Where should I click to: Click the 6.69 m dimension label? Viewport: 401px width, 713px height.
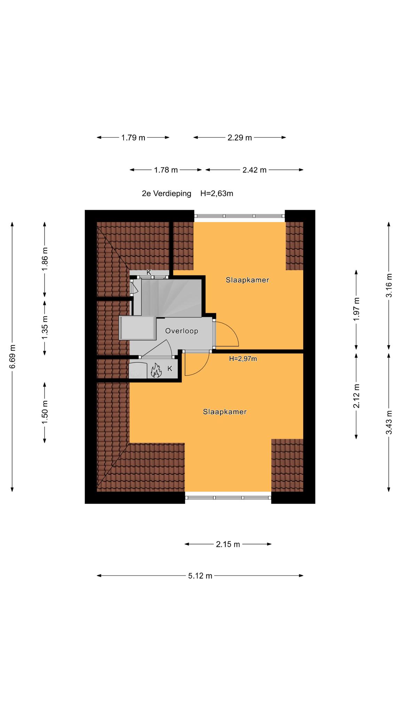[x=13, y=356]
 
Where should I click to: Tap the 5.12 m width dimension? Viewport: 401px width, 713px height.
[x=200, y=576]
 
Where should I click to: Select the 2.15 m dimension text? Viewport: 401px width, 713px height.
[x=228, y=544]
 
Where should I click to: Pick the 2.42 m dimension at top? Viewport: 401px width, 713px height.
[x=254, y=170]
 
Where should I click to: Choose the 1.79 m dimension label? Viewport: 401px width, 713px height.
[x=133, y=138]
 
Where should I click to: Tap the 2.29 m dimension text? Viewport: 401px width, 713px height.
[x=240, y=138]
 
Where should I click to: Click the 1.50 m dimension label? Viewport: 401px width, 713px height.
[x=45, y=413]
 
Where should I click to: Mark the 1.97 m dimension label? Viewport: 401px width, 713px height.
[x=356, y=310]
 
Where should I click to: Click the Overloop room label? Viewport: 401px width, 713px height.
[x=182, y=331]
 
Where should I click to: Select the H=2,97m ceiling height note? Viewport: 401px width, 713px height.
[x=243, y=359]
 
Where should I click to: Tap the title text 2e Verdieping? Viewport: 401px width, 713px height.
[x=166, y=194]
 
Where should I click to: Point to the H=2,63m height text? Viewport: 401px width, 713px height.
[x=217, y=194]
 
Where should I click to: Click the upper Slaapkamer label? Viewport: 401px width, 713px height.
[x=247, y=280]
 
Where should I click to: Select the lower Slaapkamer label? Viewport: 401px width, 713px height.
[x=225, y=412]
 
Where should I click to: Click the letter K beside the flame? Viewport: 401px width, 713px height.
[x=170, y=369]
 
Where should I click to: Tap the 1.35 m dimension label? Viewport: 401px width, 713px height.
[x=45, y=328]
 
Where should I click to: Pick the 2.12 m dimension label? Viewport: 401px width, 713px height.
[x=356, y=396]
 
